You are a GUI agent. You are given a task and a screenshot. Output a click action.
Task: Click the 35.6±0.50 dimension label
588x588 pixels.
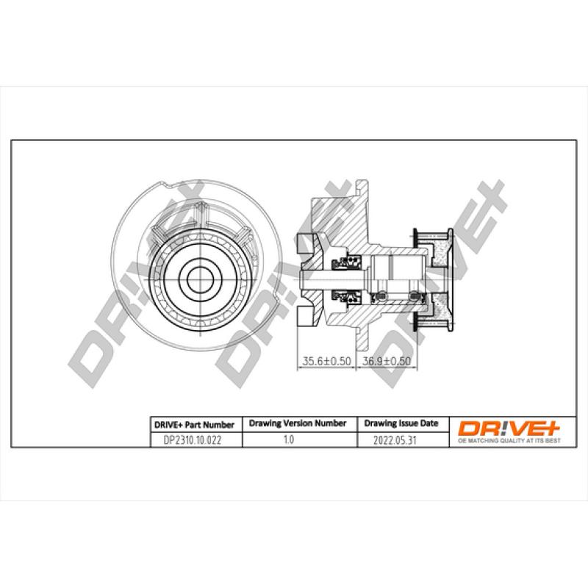(x=326, y=361)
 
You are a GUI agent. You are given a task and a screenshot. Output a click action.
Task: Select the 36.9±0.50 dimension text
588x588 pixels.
(x=386, y=361)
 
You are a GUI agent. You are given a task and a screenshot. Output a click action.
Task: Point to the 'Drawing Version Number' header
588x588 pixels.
(x=298, y=423)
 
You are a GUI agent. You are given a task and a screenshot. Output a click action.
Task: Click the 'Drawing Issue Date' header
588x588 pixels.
(x=401, y=423)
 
